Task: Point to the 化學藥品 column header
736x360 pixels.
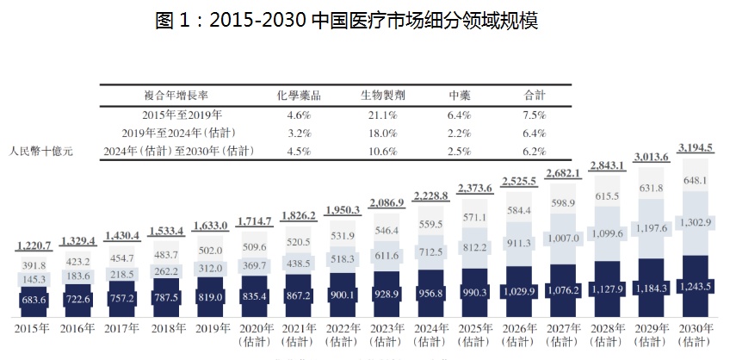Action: pos(298,96)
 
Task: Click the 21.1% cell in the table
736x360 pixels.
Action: pos(383,115)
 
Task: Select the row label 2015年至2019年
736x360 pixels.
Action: pos(182,115)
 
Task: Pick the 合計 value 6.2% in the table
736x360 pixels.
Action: pos(535,151)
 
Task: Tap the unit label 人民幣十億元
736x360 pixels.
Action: pos(42,152)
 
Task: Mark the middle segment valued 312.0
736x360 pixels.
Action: pos(213,268)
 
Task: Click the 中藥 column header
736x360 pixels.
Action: pos(460,96)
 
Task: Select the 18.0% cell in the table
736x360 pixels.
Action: pos(383,133)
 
